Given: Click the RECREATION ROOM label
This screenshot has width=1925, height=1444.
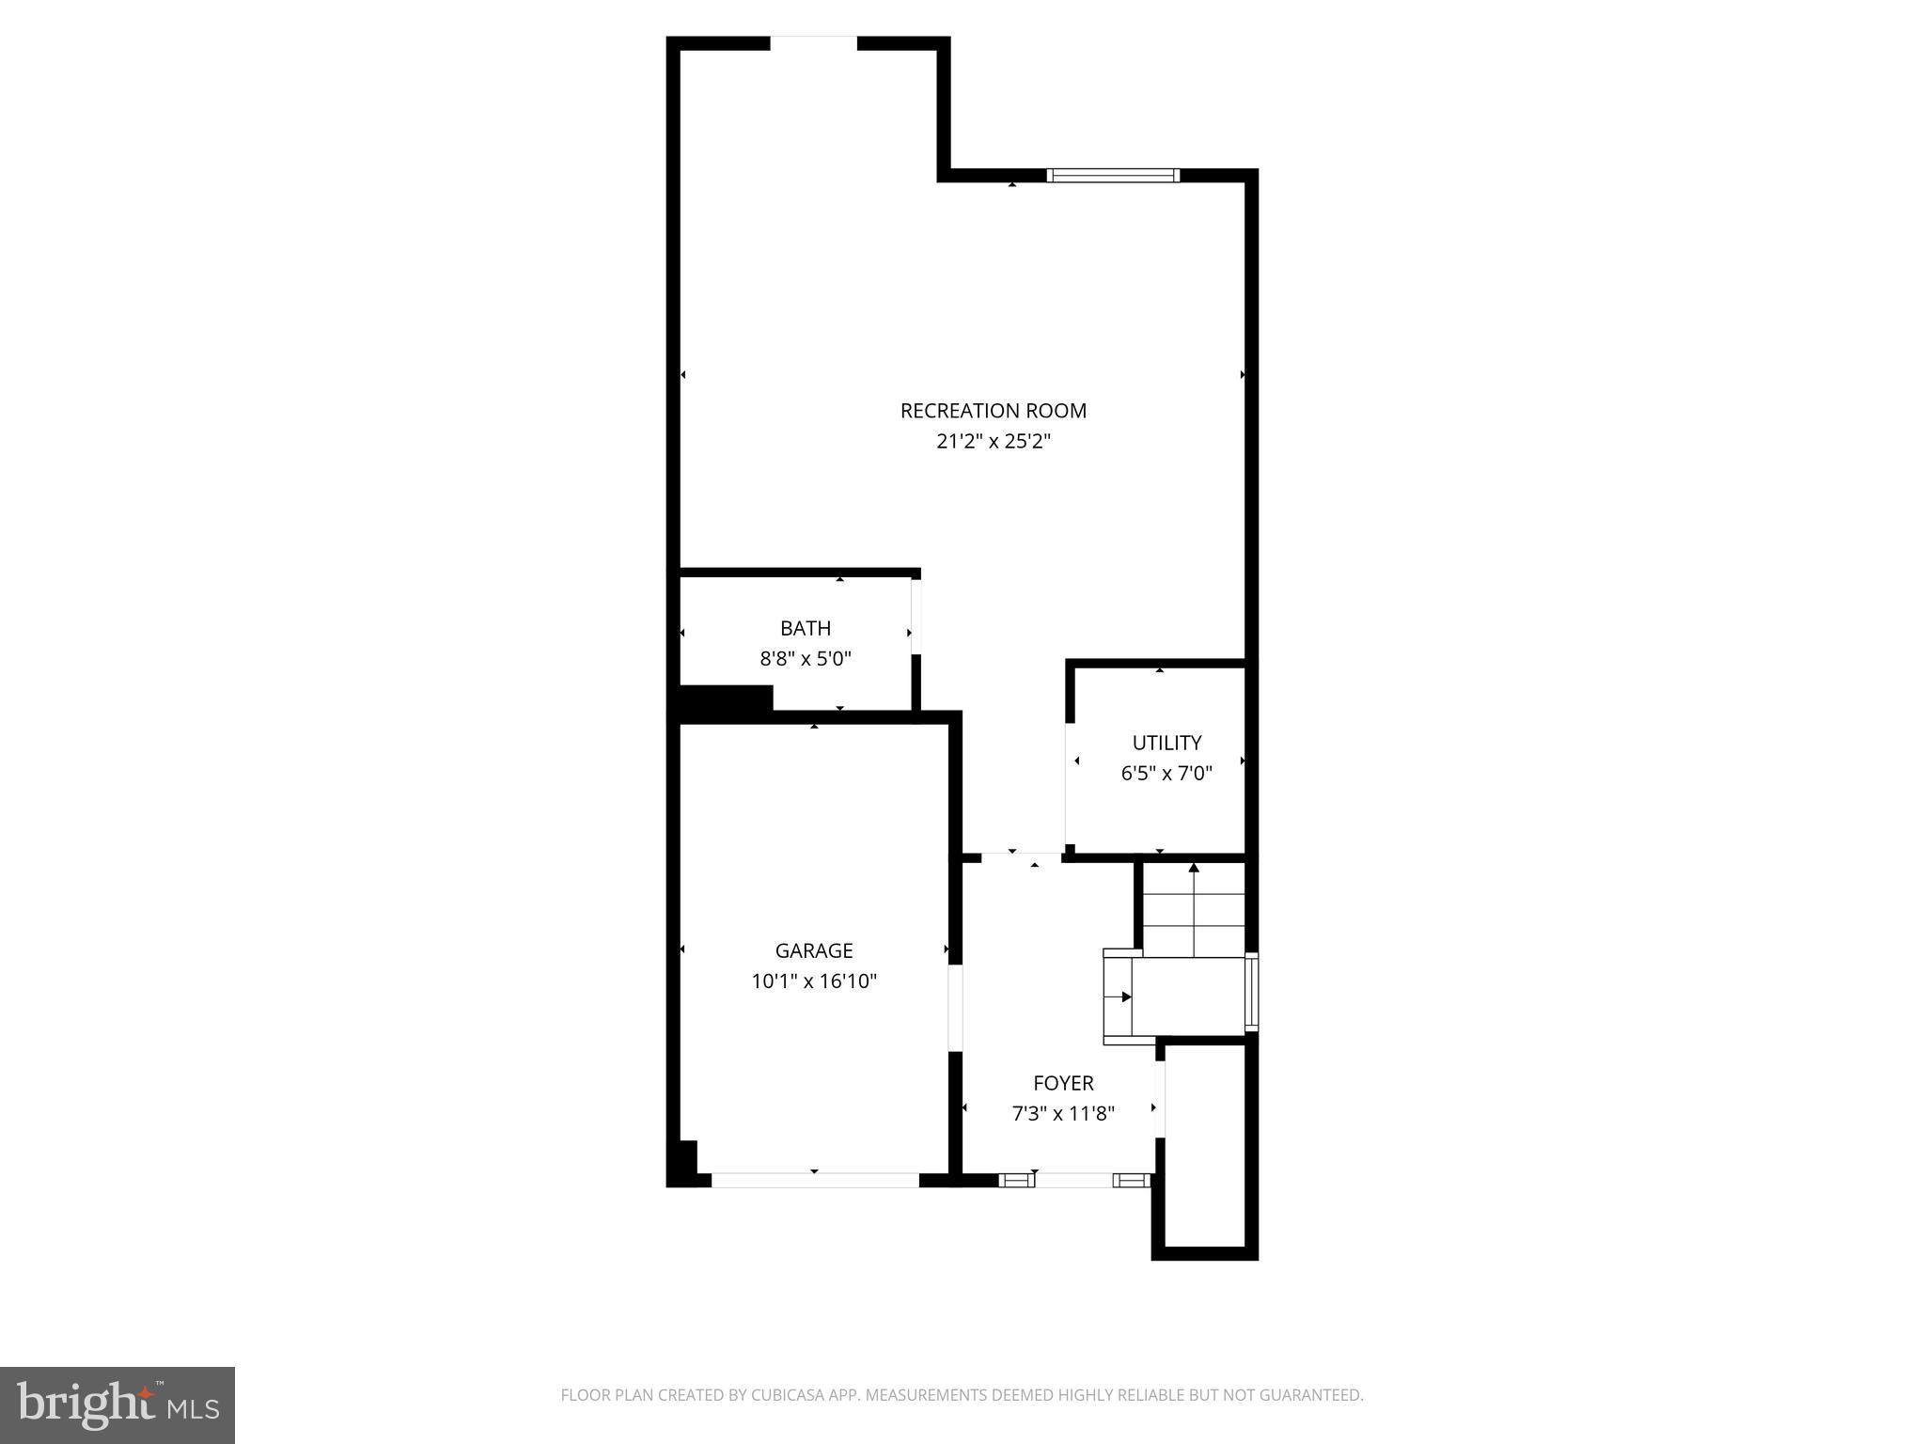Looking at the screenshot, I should tap(993, 411).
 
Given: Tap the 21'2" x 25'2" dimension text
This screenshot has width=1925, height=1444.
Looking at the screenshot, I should tap(993, 441).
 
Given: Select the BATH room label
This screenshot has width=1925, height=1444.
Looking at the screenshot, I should tap(806, 628).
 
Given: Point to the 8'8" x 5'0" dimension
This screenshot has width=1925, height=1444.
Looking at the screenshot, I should tap(806, 658).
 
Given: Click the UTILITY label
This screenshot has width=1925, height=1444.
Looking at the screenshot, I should tap(1166, 743).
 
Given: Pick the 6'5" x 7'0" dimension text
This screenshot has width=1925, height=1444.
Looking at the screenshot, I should tap(1166, 774).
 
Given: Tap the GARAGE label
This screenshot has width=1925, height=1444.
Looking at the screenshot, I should tap(814, 950).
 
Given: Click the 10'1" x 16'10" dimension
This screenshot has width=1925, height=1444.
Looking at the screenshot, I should tap(814, 981).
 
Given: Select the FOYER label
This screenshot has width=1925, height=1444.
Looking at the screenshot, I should tap(1063, 1083).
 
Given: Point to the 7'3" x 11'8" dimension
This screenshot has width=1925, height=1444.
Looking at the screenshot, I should tap(1063, 1114).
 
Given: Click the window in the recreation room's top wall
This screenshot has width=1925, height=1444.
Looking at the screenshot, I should tap(1113, 175).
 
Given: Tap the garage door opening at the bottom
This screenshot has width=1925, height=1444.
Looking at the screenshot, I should tap(814, 1180).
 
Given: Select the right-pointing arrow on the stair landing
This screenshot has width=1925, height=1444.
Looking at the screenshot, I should tap(1126, 997).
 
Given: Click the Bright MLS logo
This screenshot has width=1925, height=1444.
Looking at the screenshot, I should tap(117, 1405).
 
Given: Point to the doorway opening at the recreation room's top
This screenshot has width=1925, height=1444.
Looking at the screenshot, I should tap(814, 43).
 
